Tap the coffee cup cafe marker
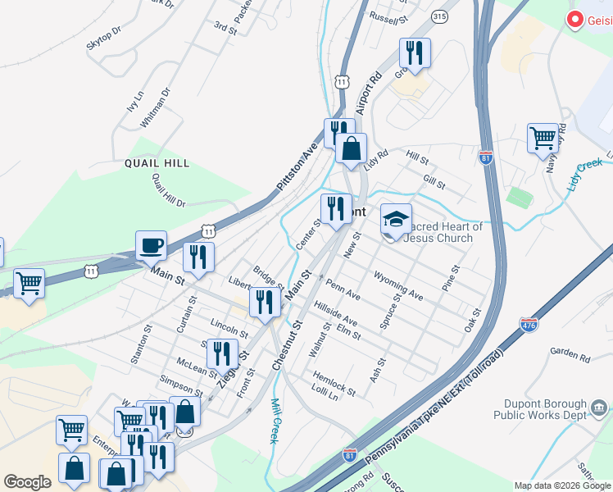pos(151,244)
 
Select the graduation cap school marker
pos(395,219)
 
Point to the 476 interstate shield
pos(529,326)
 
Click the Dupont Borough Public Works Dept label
pos(541,410)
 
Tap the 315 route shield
pos(440,16)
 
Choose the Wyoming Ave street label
pos(397,285)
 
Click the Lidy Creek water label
pos(584,175)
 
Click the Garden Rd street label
pos(570,356)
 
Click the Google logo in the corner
pos(27,482)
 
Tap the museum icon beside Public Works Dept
pos(598,406)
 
